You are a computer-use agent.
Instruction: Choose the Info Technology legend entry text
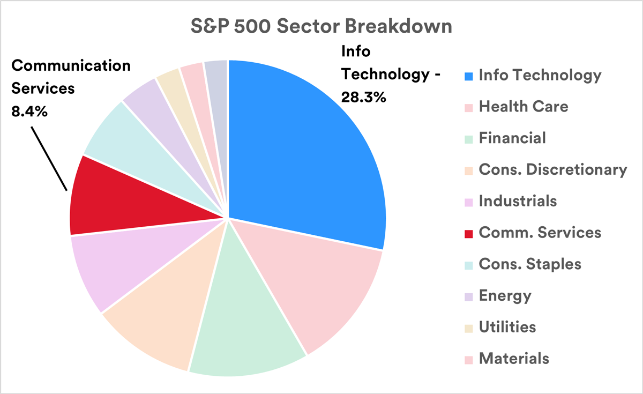click(x=540, y=76)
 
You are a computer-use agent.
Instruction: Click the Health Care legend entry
click(x=523, y=107)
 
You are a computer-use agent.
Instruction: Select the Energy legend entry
click(x=505, y=295)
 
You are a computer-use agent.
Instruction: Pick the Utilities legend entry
click(x=507, y=326)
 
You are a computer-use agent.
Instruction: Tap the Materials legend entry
click(x=514, y=358)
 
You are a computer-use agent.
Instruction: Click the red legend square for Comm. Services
click(x=468, y=233)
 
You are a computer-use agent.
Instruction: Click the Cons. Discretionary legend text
click(x=552, y=170)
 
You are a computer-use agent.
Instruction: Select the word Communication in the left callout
click(x=71, y=66)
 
